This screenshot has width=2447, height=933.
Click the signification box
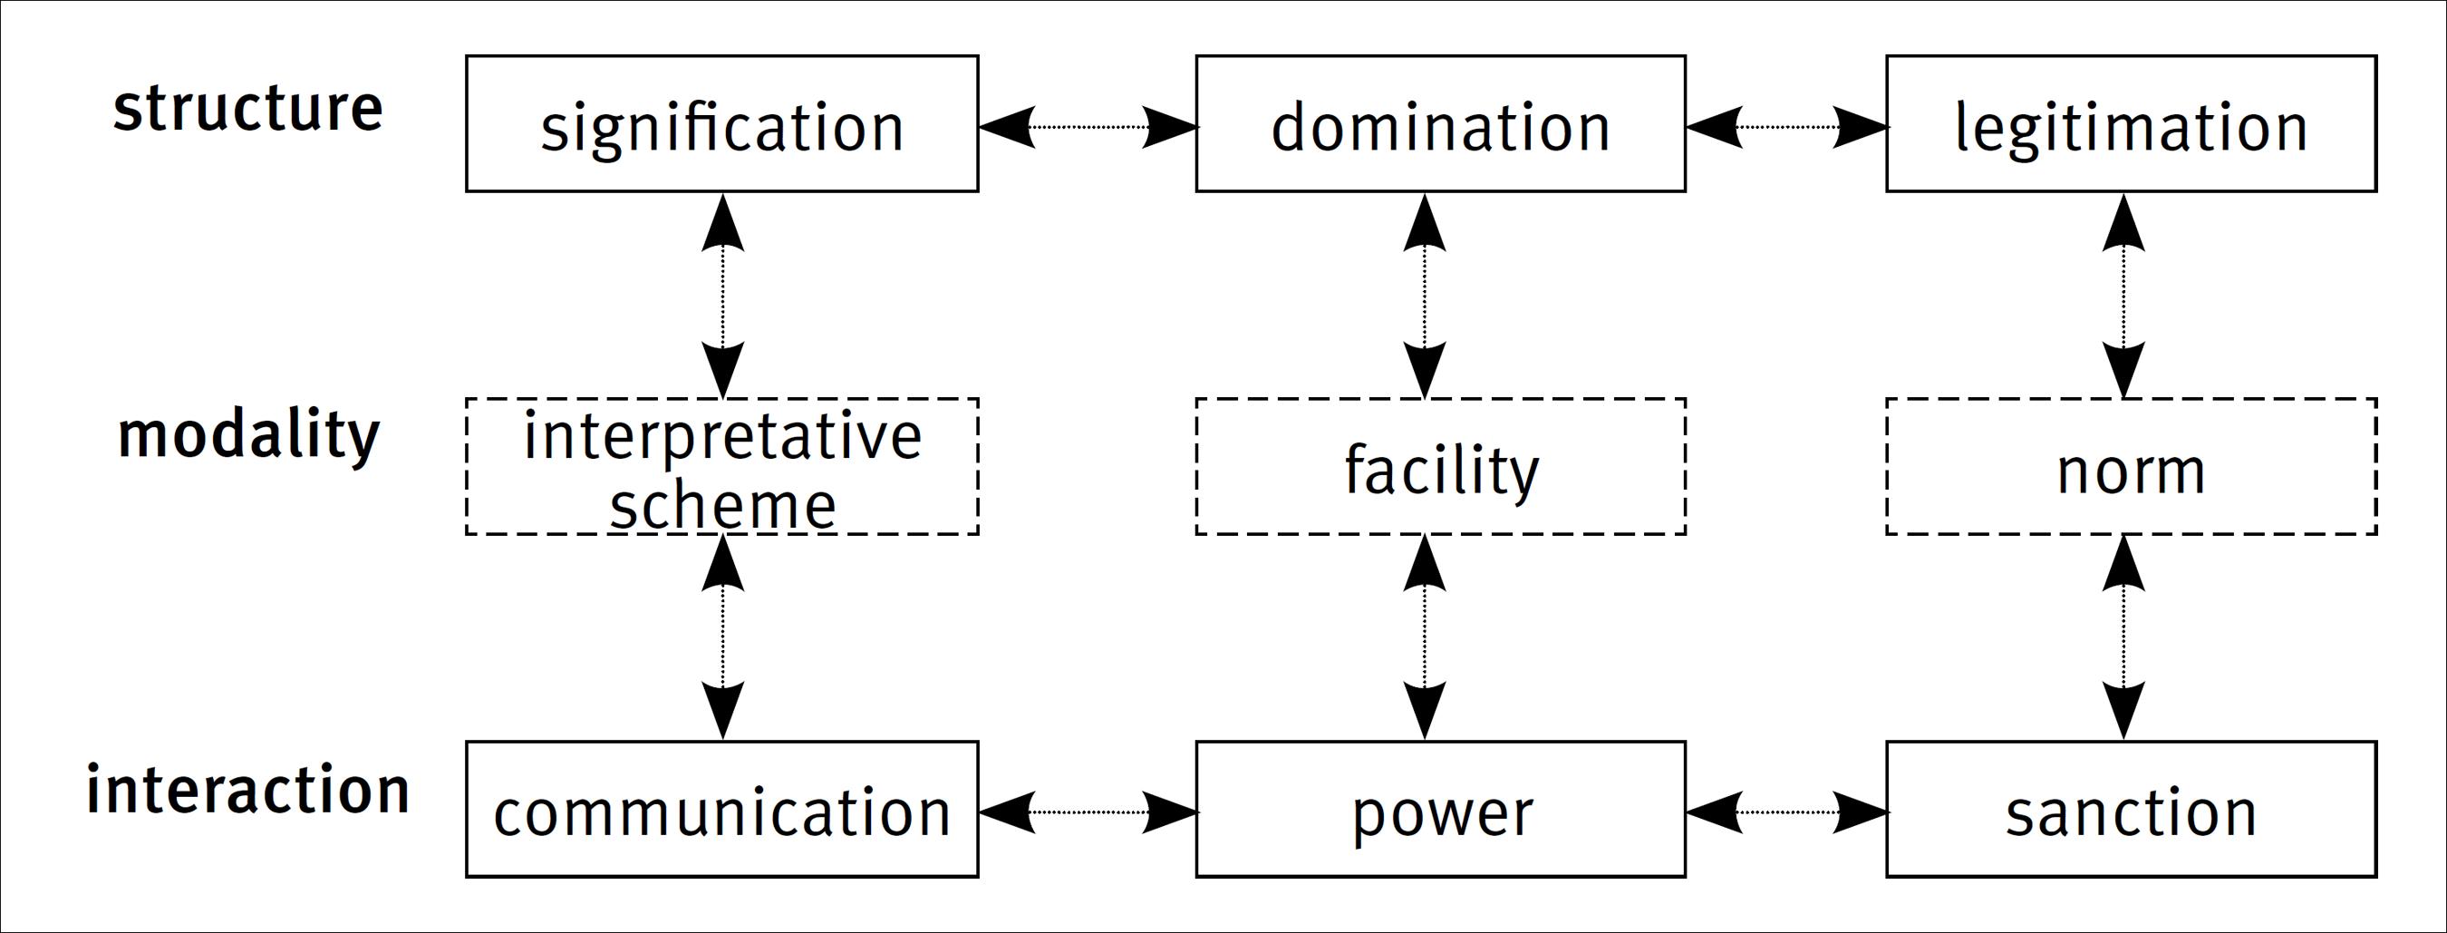(722, 124)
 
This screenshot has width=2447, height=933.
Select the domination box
(1440, 124)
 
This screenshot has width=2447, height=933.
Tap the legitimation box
(2131, 124)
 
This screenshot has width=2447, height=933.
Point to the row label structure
(248, 108)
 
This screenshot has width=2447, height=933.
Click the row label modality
(248, 435)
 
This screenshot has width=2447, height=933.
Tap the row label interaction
(248, 790)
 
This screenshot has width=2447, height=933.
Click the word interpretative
(722, 436)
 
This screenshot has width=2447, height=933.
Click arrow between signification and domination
(1088, 126)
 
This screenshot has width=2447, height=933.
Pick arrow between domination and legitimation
(1785, 126)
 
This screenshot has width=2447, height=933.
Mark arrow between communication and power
(1088, 812)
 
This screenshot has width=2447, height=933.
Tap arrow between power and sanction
(1785, 812)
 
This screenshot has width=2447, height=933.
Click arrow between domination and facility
(1424, 296)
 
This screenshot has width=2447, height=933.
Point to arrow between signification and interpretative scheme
(723, 296)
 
